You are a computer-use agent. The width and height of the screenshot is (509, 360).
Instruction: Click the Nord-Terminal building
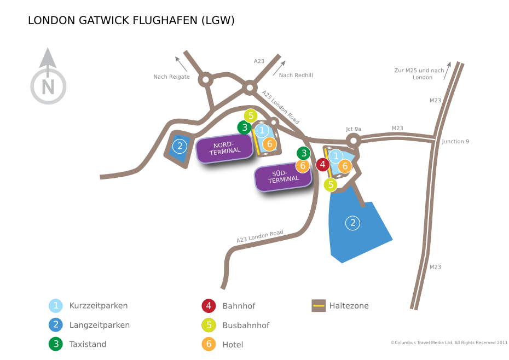[x=224, y=148]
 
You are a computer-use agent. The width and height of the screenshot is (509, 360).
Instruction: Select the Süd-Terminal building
[x=283, y=177]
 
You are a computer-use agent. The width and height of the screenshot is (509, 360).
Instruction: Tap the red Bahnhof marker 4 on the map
[x=323, y=165]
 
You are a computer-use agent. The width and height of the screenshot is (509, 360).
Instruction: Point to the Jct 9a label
[x=354, y=129]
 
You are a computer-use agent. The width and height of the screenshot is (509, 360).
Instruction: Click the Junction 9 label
[x=455, y=142]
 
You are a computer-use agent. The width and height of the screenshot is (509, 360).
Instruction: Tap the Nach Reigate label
[x=171, y=77]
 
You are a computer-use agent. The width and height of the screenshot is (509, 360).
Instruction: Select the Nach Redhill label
[x=296, y=76]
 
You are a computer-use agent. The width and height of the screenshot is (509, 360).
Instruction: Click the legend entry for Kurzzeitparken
[x=88, y=306]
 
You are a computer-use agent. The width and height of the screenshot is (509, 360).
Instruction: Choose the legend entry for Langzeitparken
[x=89, y=325]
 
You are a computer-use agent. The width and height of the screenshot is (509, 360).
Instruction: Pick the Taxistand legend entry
[x=78, y=344]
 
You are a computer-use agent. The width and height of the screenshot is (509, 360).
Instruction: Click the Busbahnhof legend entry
[x=235, y=326]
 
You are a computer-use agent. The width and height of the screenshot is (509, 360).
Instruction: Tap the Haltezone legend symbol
[x=319, y=306]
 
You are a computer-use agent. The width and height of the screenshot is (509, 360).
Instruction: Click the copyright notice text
[x=449, y=342]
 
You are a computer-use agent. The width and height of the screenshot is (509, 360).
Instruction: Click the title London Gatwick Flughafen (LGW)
[x=131, y=20]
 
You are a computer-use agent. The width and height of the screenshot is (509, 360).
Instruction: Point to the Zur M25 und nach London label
[x=419, y=74]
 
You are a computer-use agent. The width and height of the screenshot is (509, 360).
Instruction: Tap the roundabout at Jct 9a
[x=354, y=141]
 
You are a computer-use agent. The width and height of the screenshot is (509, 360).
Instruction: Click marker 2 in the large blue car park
[x=352, y=223]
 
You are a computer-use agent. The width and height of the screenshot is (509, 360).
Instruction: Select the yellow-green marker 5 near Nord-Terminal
[x=251, y=115]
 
